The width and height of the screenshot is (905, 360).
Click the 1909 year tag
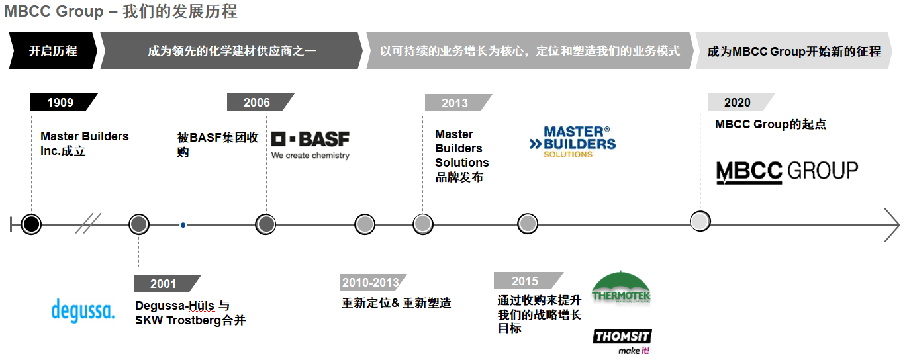point(60,102)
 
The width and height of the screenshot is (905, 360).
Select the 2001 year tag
point(164,283)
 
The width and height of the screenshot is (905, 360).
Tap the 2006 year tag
point(257,102)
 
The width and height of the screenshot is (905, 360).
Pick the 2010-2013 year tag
point(370,283)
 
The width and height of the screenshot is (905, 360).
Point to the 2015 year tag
point(525,281)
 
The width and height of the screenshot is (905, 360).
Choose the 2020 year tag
point(737,102)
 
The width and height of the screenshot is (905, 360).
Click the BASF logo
point(310,145)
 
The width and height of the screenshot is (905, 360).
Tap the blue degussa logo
point(83,310)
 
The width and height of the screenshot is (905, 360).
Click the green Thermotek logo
point(621,289)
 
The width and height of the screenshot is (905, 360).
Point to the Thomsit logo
point(622,341)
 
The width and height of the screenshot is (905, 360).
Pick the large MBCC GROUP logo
point(787,171)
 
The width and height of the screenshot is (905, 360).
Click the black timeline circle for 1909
point(31,224)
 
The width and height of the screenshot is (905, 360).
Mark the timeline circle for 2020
point(700,221)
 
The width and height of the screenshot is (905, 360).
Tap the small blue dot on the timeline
point(183,225)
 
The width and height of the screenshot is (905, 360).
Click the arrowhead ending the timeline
point(893,225)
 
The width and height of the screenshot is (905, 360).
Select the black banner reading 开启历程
point(53,51)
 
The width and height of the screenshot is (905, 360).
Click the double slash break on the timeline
point(87,224)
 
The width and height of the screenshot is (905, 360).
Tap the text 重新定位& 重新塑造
point(396,303)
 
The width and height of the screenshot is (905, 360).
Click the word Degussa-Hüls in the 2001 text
point(175,306)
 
